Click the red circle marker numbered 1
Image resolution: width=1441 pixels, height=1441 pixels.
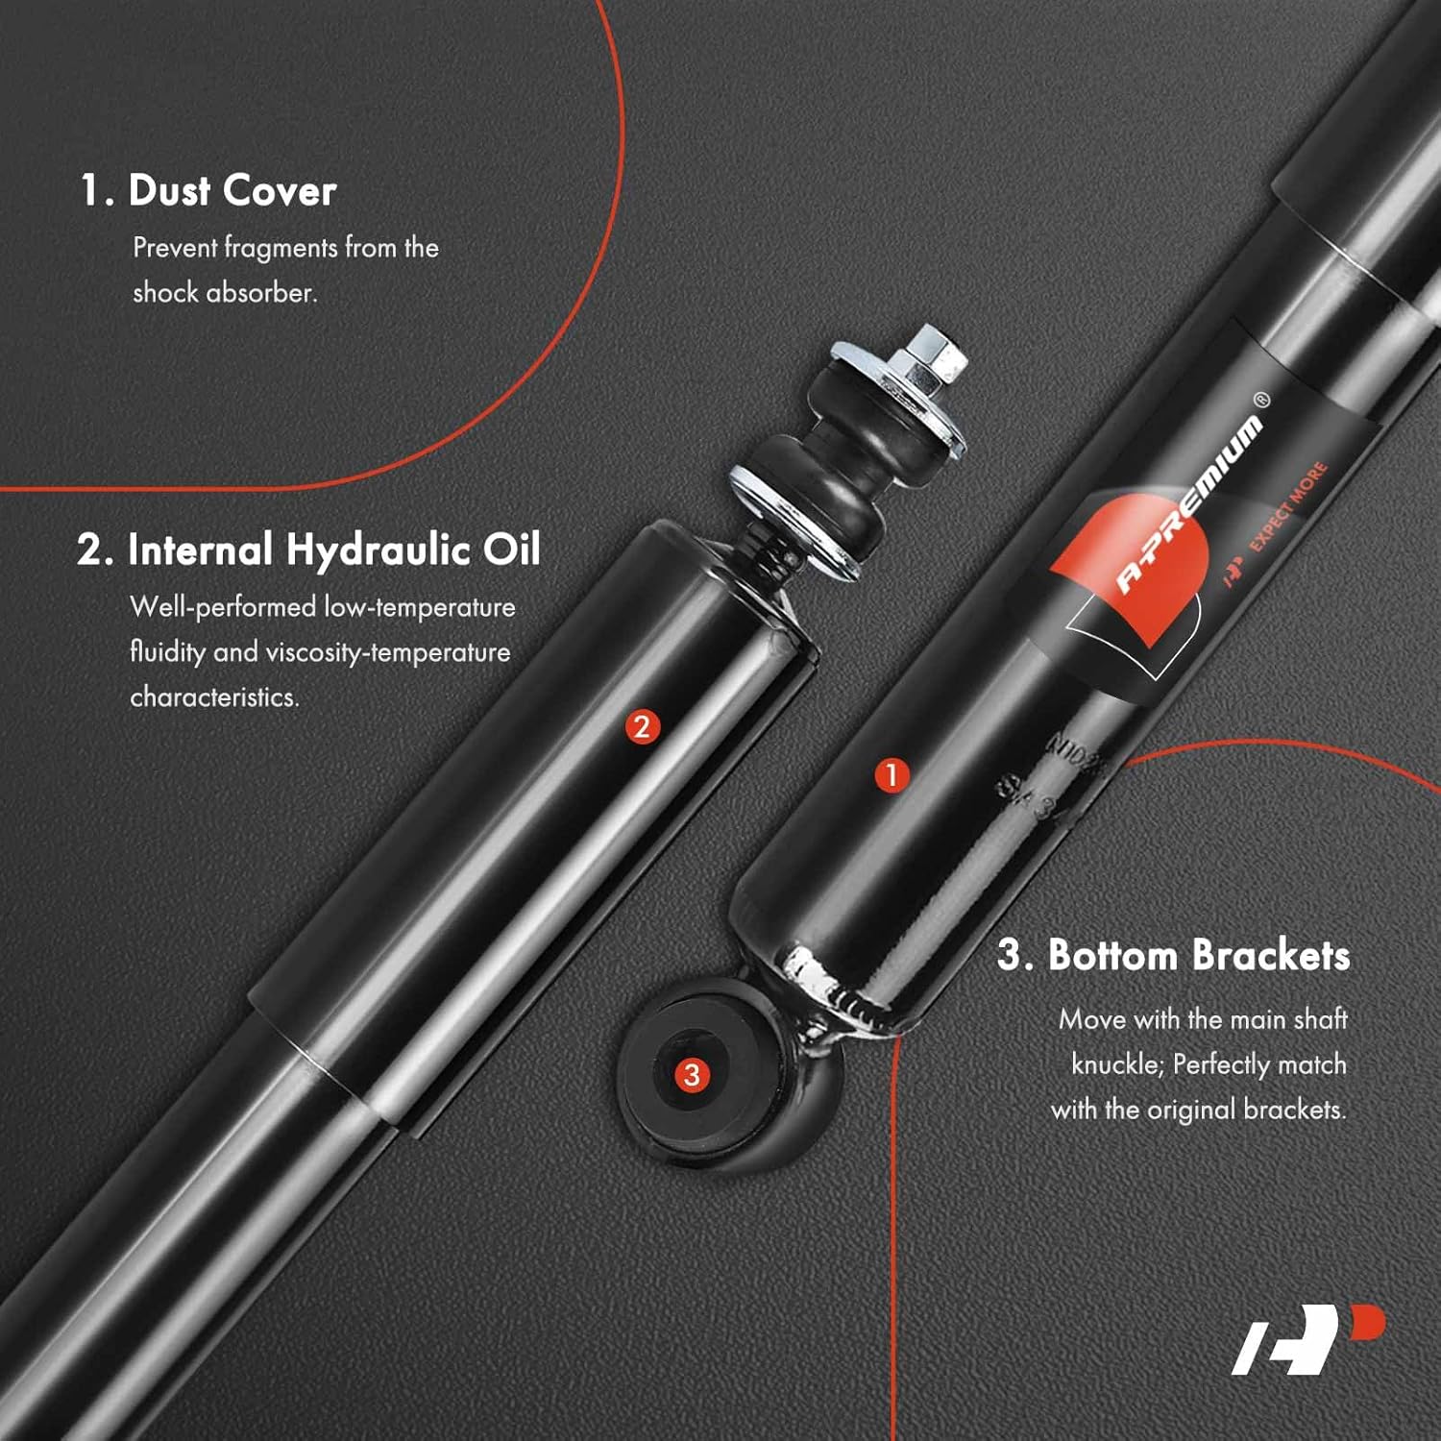click(891, 774)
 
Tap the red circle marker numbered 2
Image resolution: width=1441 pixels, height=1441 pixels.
click(642, 726)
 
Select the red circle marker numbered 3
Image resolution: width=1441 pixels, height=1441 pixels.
click(692, 1074)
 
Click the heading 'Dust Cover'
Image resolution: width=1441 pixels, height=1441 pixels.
click(232, 190)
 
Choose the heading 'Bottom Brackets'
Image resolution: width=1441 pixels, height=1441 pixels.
click(1198, 955)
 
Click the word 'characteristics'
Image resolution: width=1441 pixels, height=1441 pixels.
click(213, 696)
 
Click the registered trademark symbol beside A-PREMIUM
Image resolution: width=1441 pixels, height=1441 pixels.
click(1261, 400)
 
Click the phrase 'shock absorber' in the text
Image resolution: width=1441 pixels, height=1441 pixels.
click(224, 292)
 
